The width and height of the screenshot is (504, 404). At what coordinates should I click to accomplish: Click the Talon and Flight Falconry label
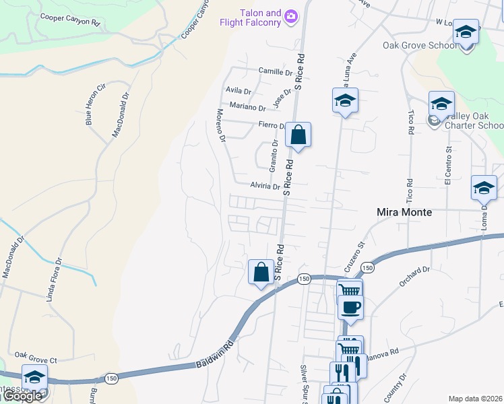click(250, 18)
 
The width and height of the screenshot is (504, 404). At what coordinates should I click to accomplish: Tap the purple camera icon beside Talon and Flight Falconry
click(291, 15)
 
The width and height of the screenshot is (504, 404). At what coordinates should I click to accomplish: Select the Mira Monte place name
click(403, 211)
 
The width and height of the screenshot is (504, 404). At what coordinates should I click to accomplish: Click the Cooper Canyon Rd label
click(70, 19)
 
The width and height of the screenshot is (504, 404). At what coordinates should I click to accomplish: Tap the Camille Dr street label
click(276, 71)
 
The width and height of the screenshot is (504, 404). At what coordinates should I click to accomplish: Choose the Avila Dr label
click(239, 90)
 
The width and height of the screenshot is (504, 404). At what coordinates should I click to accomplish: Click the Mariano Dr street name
click(248, 107)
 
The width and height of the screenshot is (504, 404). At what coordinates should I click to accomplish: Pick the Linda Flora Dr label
click(54, 279)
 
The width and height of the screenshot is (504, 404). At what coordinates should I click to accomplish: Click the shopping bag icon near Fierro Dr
click(297, 135)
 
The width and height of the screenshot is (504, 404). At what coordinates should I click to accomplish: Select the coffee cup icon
click(350, 308)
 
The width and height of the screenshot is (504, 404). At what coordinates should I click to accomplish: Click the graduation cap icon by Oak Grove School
click(466, 32)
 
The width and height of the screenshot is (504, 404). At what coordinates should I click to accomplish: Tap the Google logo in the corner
click(22, 397)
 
